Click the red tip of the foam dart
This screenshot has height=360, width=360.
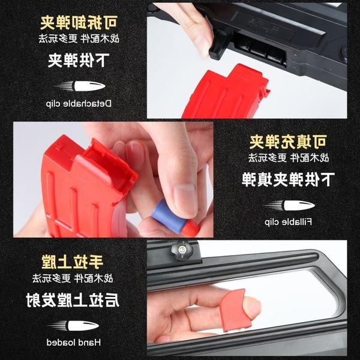click(191, 227)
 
